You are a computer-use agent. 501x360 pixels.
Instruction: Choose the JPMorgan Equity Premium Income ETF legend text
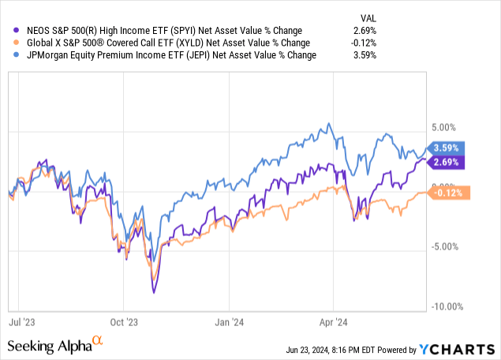166,55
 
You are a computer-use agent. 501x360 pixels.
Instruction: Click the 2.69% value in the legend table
365,30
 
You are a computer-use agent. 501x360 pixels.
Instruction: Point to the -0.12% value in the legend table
363,43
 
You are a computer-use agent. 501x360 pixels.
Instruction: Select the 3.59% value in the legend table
365,55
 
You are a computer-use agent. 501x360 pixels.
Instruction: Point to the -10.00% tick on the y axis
447,306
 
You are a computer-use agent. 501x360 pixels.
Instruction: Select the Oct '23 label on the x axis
123,322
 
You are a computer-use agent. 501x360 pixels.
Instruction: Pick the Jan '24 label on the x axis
229,322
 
